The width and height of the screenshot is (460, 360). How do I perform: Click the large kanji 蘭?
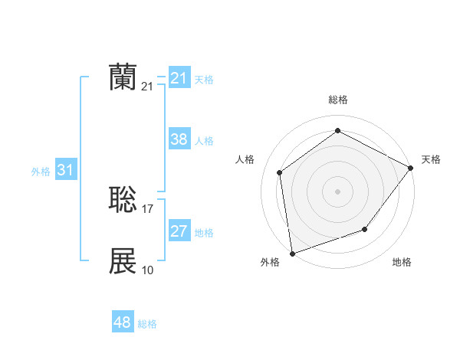(123, 78)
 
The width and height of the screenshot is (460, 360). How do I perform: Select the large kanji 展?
(123, 261)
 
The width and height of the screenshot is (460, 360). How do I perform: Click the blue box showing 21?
(179, 78)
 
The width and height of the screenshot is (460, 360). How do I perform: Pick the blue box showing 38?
(179, 139)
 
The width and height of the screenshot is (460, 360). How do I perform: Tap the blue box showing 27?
(179, 231)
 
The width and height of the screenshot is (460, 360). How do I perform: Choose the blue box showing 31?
(65, 170)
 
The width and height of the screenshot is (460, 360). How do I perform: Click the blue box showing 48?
(123, 322)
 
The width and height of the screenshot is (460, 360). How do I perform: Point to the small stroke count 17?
(148, 209)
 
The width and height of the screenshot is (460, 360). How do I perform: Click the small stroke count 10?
(148, 270)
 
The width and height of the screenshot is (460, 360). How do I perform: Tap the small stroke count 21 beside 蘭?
(148, 87)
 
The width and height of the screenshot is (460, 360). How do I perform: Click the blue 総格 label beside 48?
(147, 324)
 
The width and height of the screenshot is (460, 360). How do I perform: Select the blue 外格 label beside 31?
(41, 172)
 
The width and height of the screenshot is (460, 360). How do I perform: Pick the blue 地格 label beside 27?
(204, 233)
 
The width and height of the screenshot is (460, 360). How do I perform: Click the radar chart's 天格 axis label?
(431, 159)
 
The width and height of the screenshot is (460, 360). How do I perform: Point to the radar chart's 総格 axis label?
(337, 100)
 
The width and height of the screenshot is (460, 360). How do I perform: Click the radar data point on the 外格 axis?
(292, 253)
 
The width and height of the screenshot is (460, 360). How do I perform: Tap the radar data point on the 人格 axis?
(280, 172)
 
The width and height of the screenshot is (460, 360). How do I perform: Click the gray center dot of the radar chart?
(337, 191)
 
